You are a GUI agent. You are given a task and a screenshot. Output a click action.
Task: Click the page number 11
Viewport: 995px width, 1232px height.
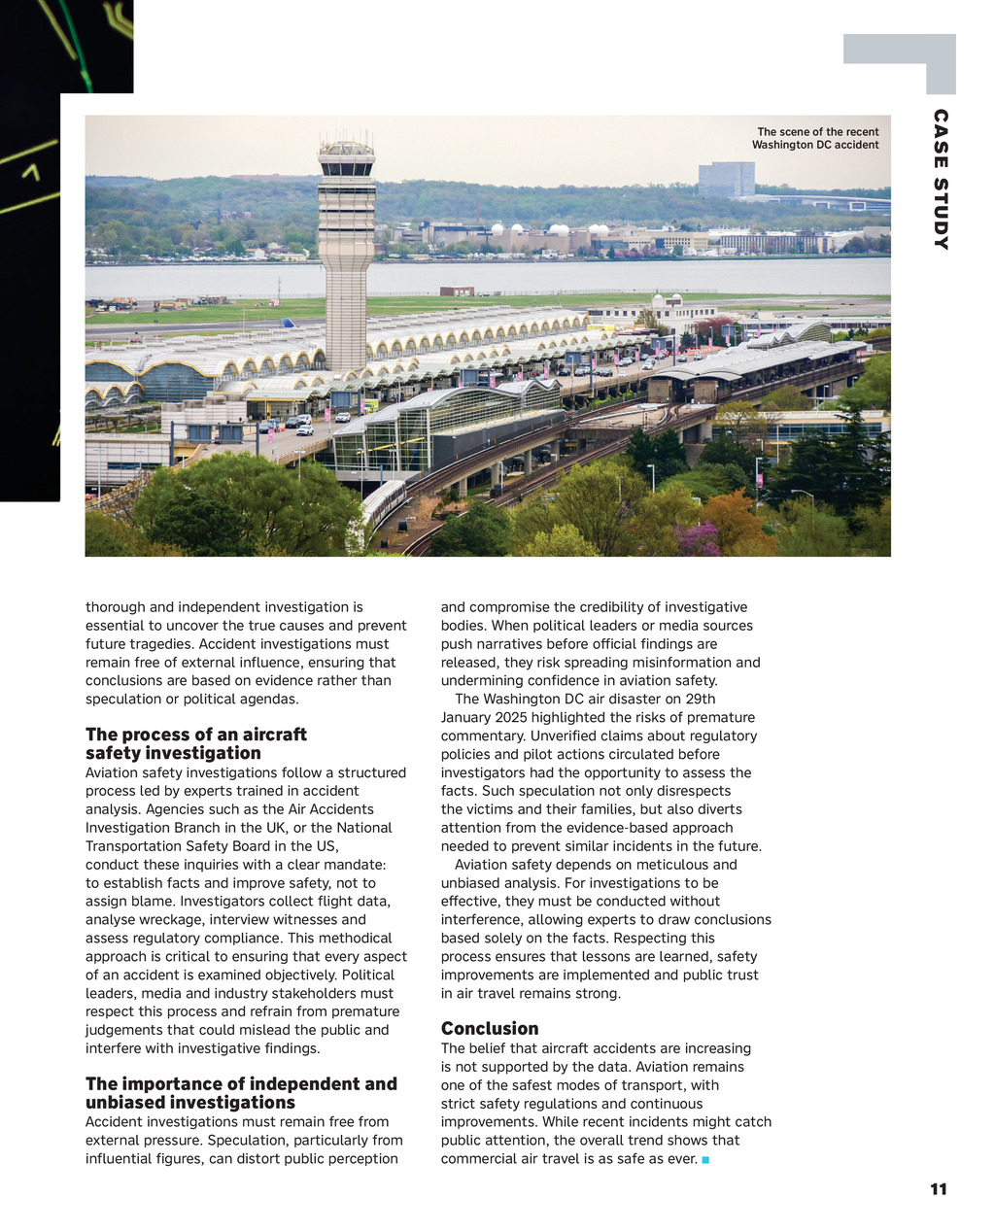pos(938,1189)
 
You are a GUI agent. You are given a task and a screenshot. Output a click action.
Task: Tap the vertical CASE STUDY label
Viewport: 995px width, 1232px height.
pos(940,180)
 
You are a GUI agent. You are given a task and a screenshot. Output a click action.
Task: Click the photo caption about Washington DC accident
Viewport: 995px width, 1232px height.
pos(816,138)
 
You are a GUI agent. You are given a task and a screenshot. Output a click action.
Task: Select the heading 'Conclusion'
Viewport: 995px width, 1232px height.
pos(489,1028)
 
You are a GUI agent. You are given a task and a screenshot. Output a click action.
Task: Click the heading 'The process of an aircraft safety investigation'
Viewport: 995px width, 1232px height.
pos(195,743)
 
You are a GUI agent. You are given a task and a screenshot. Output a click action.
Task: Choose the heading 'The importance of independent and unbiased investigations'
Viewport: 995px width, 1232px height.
pos(241,1093)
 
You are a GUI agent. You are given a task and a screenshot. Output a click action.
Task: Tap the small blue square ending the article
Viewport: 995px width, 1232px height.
pos(704,1160)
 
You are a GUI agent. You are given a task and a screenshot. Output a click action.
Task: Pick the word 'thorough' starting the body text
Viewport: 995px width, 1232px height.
pos(116,607)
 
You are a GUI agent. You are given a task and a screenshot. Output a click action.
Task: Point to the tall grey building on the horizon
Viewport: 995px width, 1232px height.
pos(726,179)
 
